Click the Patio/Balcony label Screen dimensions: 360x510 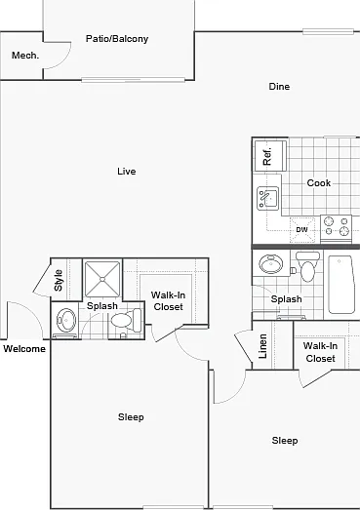click(117, 39)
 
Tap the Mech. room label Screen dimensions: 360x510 click(25, 56)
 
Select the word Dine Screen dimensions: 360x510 click(279, 87)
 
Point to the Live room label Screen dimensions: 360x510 click(127, 171)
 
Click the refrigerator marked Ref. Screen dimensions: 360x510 click(270, 156)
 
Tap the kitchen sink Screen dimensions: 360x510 click(268, 198)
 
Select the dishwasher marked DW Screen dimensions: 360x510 click(302, 229)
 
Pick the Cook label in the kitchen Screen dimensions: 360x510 click(319, 183)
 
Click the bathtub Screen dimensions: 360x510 click(341, 285)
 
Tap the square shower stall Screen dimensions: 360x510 click(102, 279)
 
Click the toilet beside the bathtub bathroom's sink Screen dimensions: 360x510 click(307, 267)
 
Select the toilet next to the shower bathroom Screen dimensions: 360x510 click(126, 321)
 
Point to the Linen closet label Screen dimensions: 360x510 click(262, 346)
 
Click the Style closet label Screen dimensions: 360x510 click(59, 280)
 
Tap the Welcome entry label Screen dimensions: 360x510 click(24, 349)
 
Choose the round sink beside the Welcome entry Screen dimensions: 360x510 click(66, 321)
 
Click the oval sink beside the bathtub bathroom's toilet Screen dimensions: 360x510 click(271, 263)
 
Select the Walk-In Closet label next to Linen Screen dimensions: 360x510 click(320, 352)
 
